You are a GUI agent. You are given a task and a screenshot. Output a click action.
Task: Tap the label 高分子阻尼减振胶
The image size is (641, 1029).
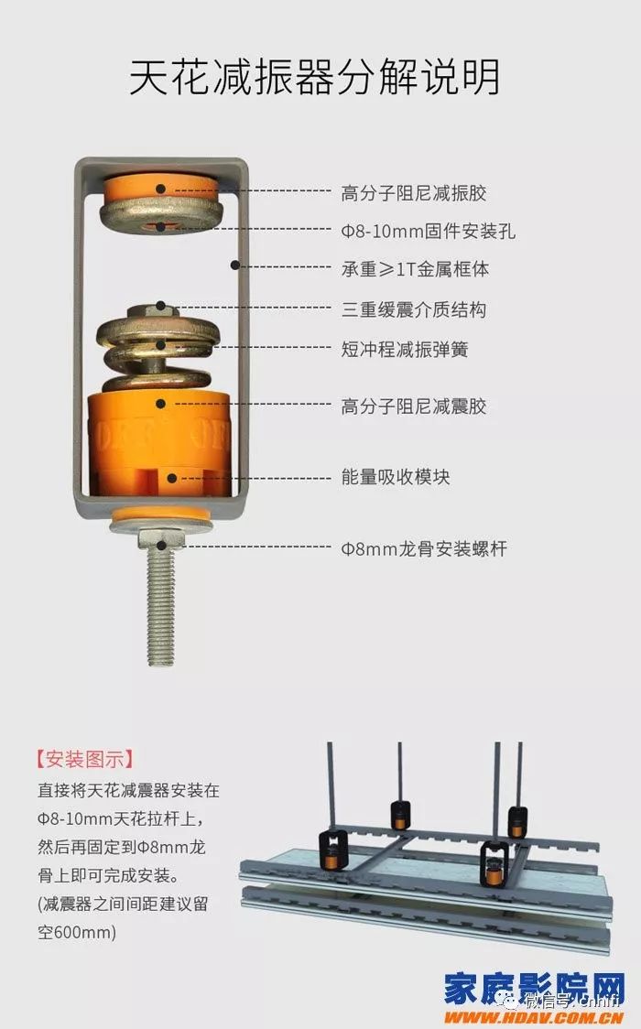(x=413, y=193)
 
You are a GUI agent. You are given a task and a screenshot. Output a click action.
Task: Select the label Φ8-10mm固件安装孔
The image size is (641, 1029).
(x=428, y=232)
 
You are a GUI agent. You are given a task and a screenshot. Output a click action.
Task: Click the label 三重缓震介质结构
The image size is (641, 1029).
(x=413, y=309)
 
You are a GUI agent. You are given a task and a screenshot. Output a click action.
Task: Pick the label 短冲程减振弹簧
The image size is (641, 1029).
(x=404, y=349)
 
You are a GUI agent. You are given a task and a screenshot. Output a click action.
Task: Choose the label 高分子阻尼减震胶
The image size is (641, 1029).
(x=413, y=406)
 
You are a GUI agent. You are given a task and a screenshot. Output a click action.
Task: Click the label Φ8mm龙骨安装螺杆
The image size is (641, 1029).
(x=423, y=549)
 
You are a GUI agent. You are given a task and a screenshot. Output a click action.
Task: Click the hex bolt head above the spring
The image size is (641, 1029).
(x=161, y=309)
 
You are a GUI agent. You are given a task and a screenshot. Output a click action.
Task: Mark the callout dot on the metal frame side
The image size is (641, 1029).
(x=235, y=265)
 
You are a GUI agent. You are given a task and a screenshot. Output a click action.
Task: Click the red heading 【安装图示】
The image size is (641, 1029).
(x=84, y=759)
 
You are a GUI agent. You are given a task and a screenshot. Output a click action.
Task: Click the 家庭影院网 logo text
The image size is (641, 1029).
(x=535, y=989)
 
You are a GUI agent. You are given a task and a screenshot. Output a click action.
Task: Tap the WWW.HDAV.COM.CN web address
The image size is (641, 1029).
(x=535, y=1016)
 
